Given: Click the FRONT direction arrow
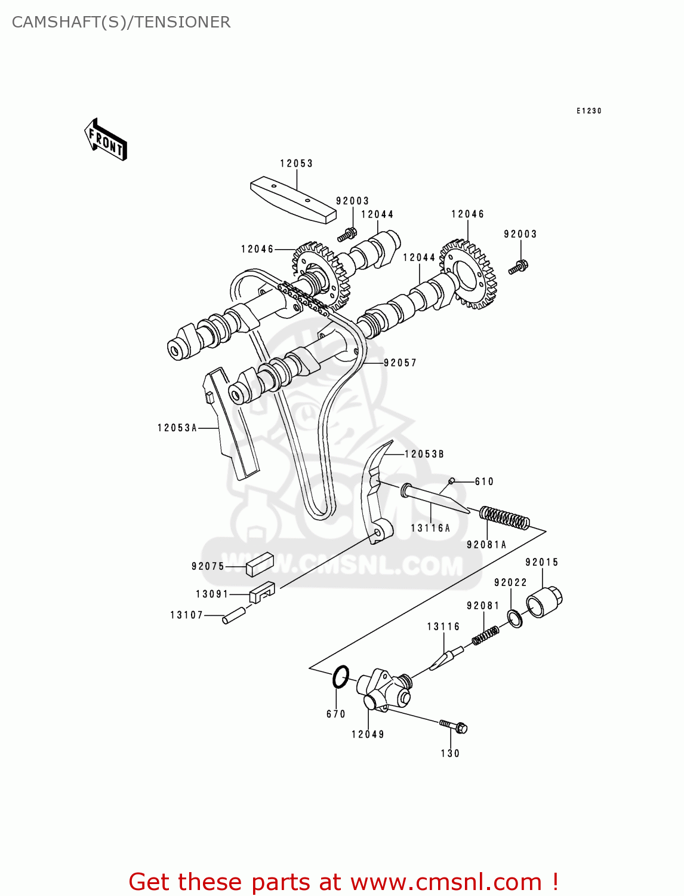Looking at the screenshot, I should point(106,140).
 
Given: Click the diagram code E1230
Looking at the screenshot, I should point(589,111).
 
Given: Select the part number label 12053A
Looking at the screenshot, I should point(177,428).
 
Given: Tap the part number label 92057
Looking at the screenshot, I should point(400,363).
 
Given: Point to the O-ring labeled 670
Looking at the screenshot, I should point(340,677).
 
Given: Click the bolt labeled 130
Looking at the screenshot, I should point(454,726).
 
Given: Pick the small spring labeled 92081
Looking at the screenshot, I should point(485,636).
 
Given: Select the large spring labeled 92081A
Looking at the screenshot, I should point(505,517).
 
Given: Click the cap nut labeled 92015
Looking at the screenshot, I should point(545,602).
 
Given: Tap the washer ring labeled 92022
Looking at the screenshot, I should point(515,619).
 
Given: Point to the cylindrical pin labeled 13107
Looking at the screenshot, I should point(233,615).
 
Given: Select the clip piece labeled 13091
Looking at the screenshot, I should point(261,592).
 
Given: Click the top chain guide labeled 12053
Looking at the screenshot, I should point(293,200).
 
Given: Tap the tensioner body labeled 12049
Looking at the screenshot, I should point(384,691).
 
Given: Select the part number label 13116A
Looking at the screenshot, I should point(430,528).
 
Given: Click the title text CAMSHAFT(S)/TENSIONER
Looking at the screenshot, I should point(121,22).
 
